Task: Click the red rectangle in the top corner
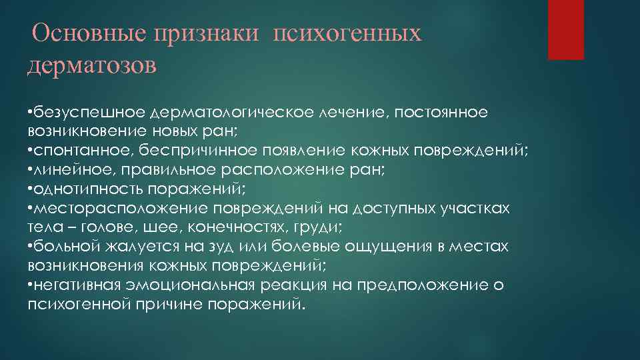pos(565,29)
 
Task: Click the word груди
pos(320,227)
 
